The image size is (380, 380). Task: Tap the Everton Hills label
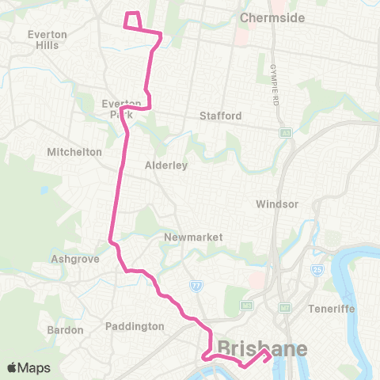47,40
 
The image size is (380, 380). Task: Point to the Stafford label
221,116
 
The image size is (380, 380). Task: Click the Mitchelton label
74,151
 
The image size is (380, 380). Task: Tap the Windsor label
277,203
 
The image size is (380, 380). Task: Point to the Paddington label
135,326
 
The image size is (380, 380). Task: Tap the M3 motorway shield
247,305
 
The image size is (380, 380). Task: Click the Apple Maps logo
28,367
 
